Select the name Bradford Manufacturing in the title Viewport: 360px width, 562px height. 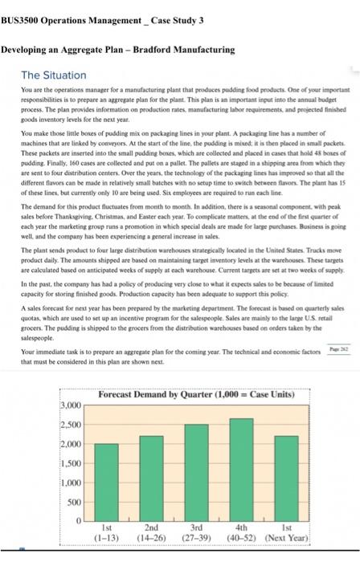[x=186, y=49]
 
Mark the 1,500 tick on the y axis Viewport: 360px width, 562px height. [x=72, y=465]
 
